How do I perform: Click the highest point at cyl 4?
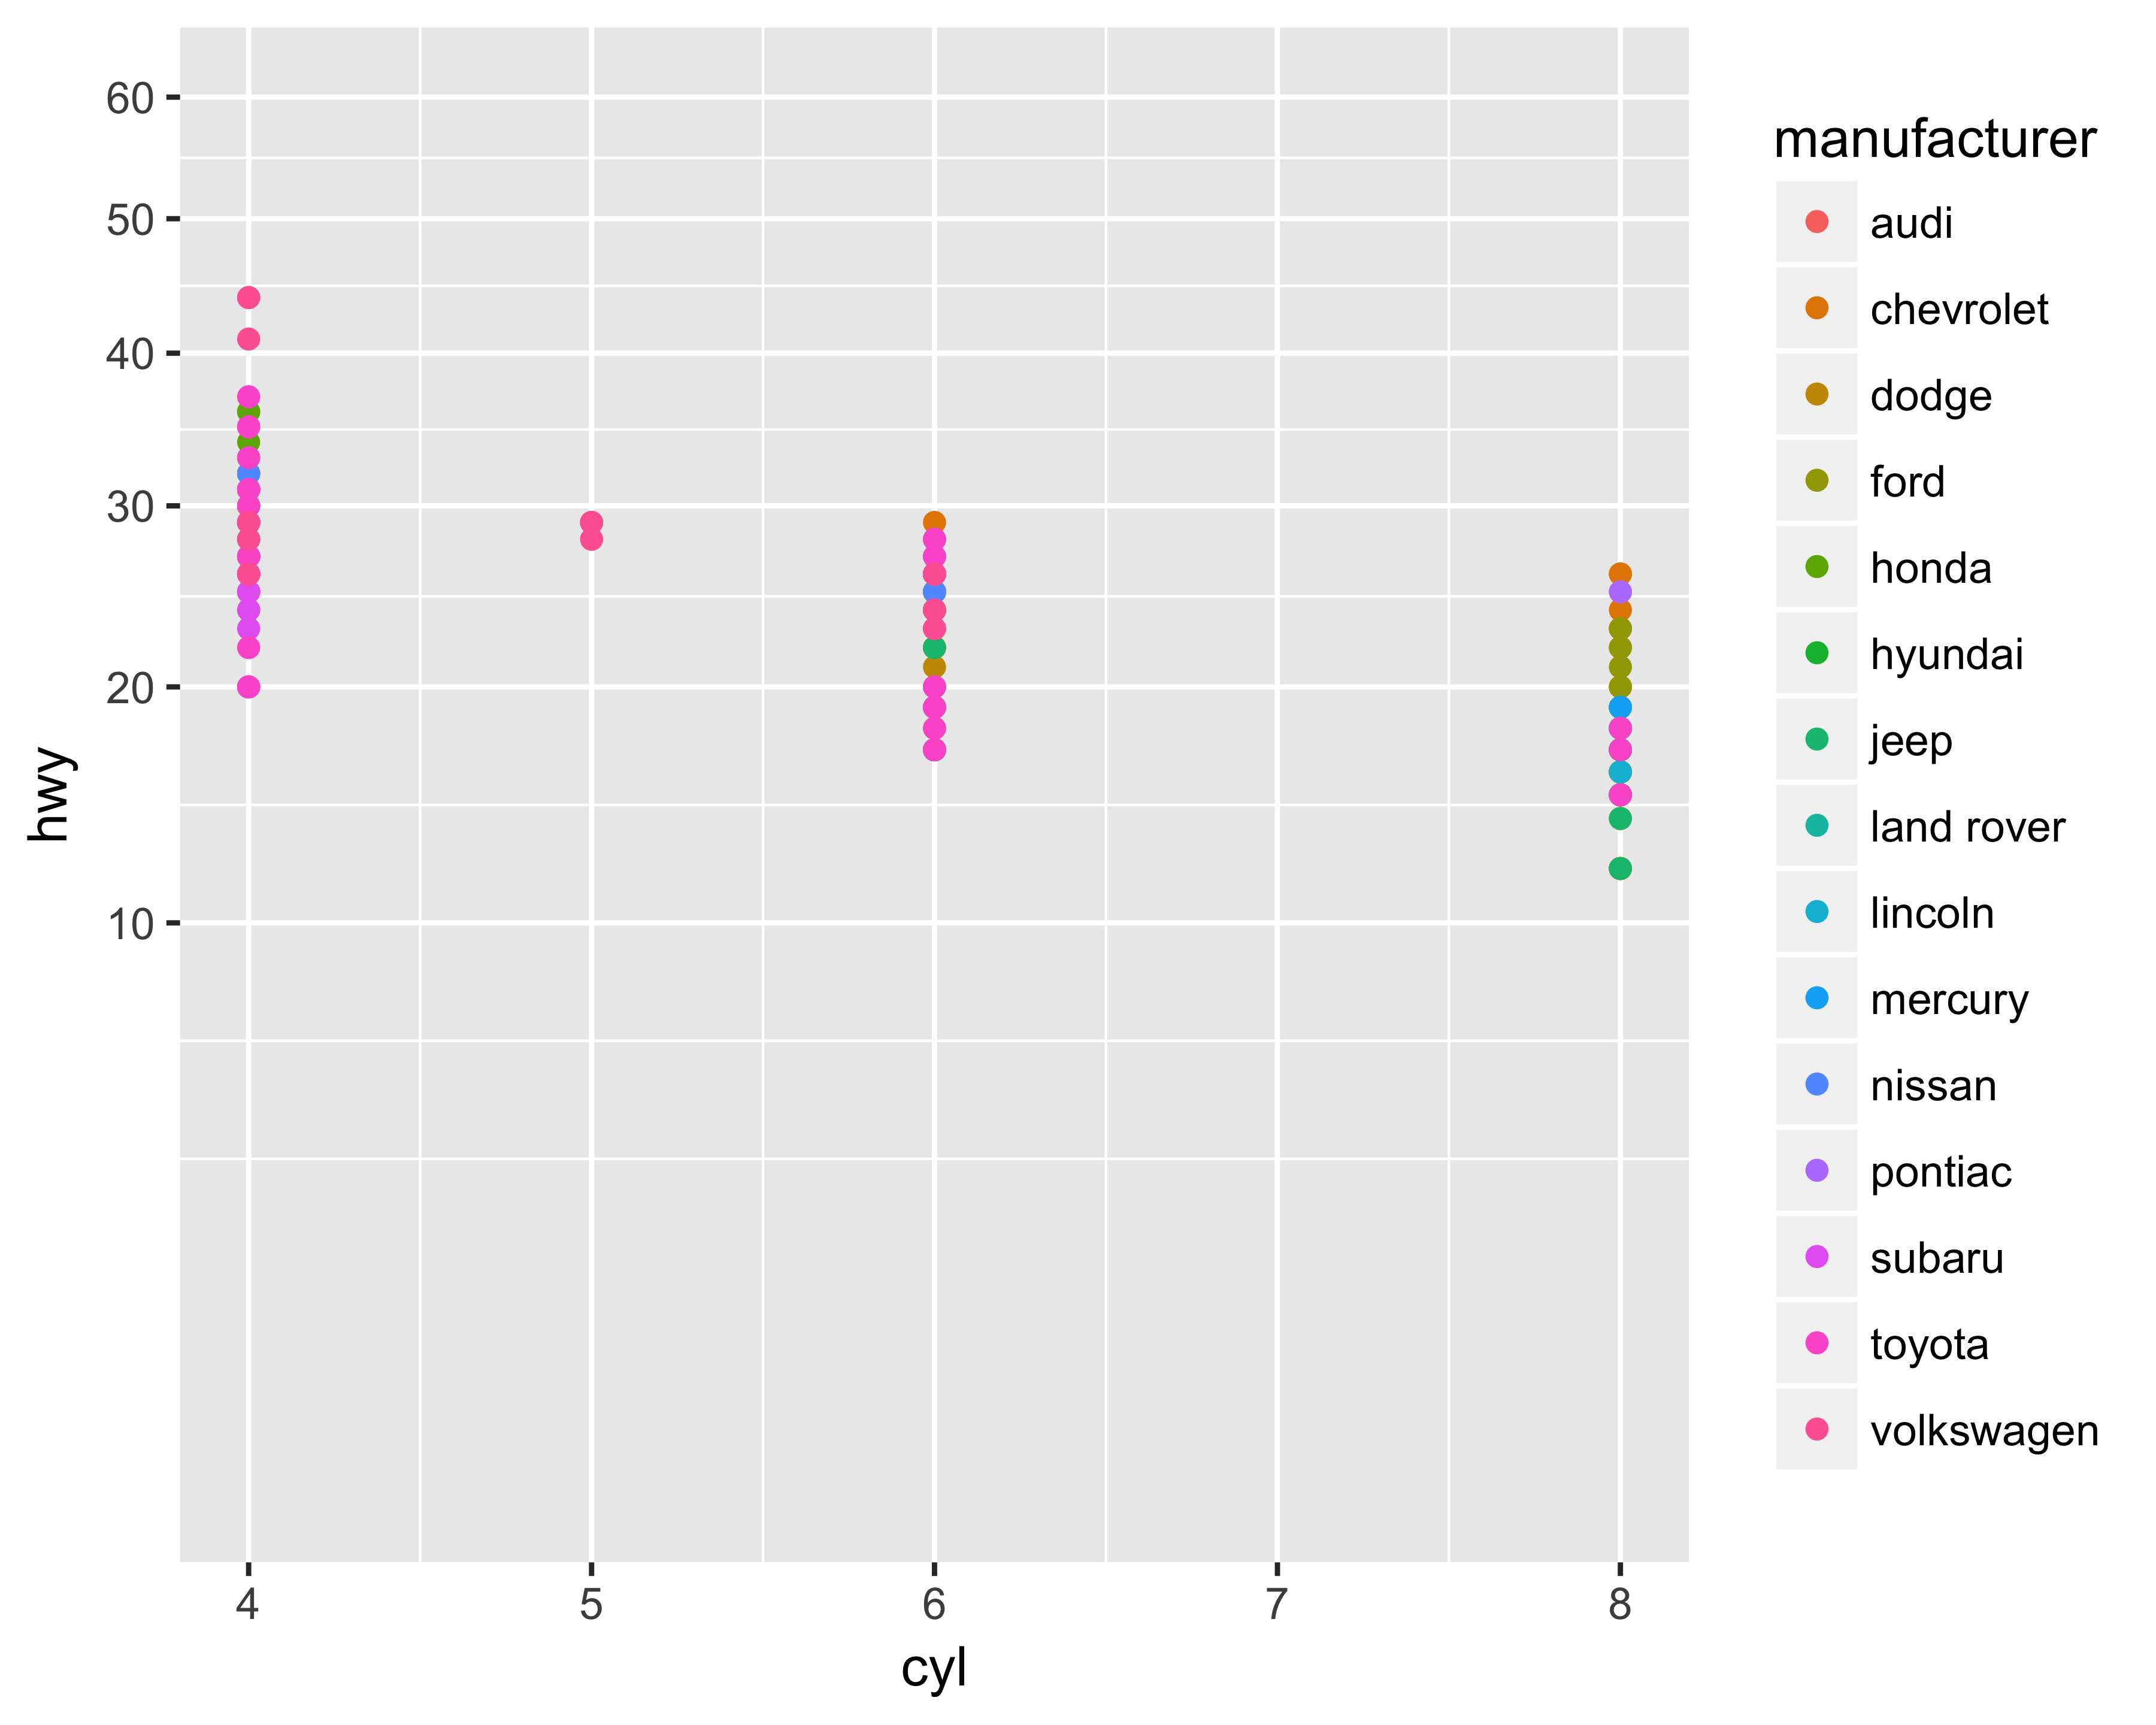(248, 297)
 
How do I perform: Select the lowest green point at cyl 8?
(1620, 868)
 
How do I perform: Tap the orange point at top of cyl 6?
(934, 522)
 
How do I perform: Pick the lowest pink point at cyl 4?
(248, 686)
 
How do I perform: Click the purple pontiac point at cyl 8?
(1620, 591)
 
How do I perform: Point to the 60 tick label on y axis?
(130, 98)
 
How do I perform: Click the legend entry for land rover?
(1966, 827)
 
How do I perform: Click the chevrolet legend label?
(1958, 310)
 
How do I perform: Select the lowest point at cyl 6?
(934, 750)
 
